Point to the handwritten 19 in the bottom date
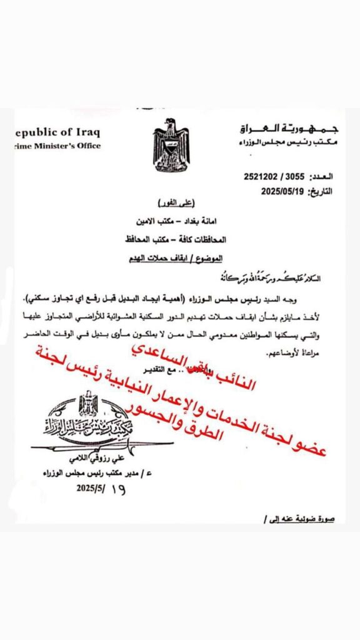coord(116,490)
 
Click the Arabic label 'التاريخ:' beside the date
coord(338,192)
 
